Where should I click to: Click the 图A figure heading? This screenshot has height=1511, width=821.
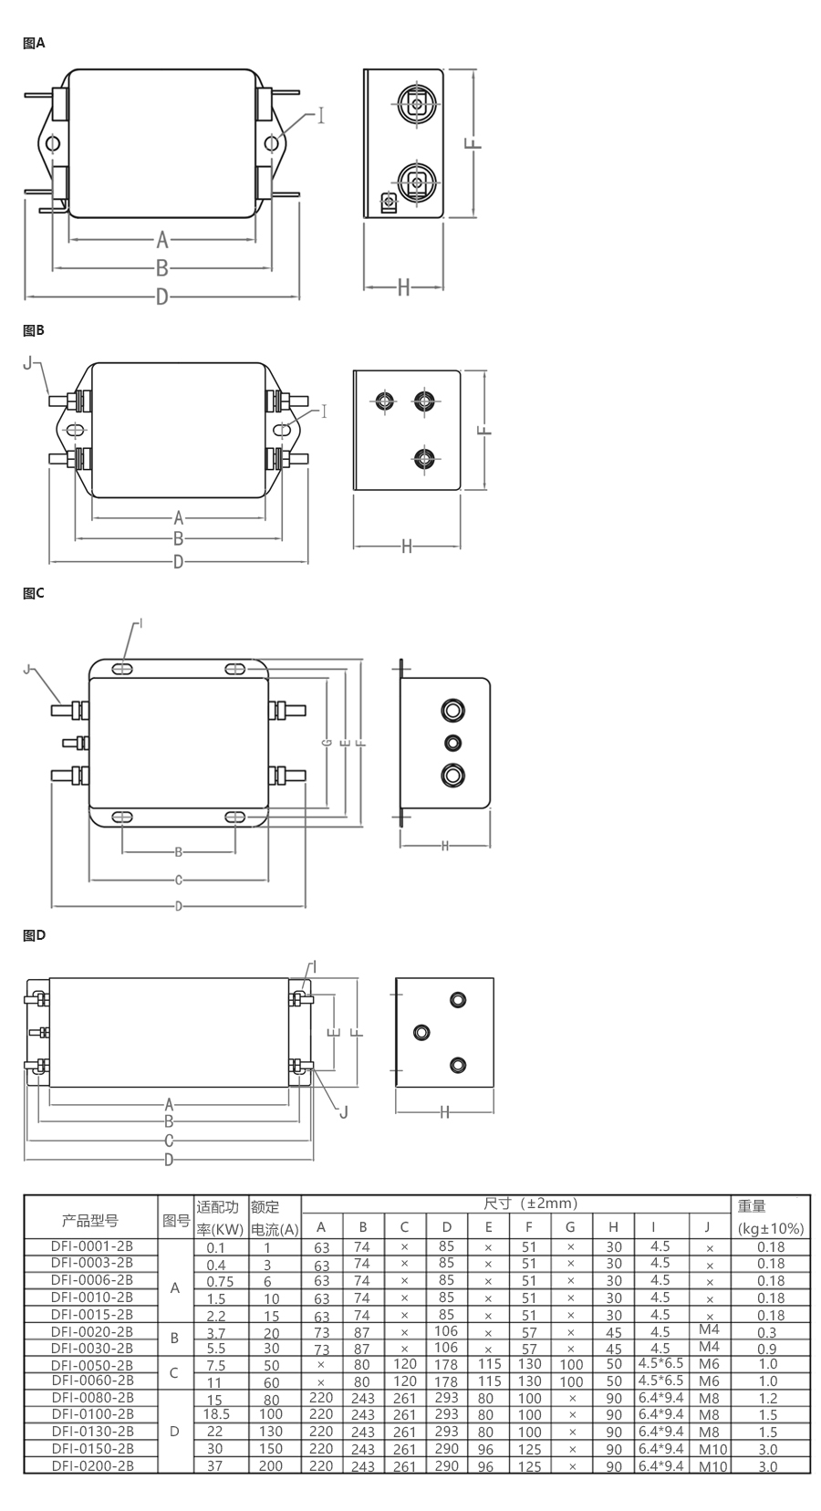34,43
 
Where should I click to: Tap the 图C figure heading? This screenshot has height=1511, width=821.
34,593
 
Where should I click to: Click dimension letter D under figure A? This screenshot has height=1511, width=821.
161,297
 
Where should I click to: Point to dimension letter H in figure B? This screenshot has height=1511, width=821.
407,547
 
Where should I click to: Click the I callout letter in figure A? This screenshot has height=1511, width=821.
321,115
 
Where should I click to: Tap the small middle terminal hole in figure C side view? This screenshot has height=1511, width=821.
452,743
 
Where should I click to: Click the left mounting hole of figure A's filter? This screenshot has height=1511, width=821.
53,143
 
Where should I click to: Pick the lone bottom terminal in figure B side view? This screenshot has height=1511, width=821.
423,459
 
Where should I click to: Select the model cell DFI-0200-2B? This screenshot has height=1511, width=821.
92,1465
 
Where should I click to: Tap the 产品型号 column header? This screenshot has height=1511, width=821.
90,1220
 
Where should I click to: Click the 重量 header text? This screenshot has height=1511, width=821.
752,1206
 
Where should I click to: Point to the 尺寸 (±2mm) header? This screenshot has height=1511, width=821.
531,1204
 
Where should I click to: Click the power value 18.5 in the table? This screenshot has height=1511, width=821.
216,1413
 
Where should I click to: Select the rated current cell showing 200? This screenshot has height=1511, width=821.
271,1465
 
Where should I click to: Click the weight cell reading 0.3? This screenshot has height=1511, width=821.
767,1332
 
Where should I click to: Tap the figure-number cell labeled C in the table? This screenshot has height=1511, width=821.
173,1372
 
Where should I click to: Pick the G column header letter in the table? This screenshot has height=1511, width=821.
570,1227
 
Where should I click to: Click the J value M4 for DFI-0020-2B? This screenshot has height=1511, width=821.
709,1329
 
